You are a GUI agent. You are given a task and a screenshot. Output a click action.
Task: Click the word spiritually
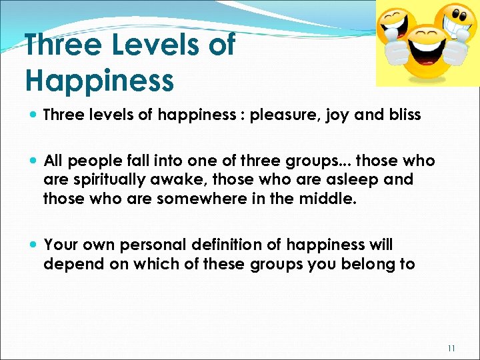pos(109,180)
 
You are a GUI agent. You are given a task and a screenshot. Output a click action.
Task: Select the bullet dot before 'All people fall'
pos(33,161)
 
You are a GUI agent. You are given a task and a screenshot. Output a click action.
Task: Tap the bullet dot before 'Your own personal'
pos(33,245)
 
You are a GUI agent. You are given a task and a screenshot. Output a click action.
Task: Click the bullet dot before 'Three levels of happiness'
pos(33,115)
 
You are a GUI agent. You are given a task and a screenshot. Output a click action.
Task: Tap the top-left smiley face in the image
pos(397,27)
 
